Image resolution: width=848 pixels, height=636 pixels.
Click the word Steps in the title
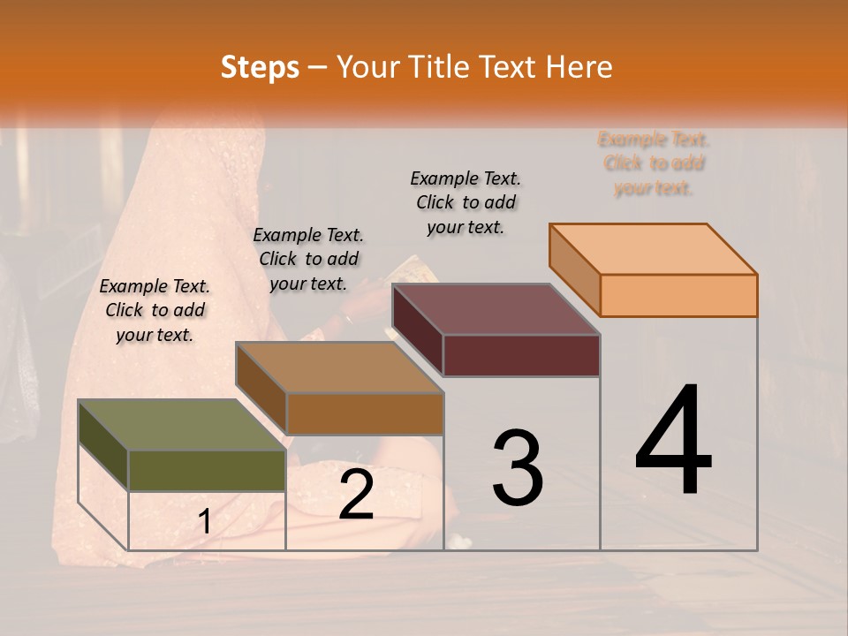[260, 67]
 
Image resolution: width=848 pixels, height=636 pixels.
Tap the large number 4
[673, 442]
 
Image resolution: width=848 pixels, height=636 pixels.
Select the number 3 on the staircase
[517, 468]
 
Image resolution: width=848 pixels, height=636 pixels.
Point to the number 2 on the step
[356, 495]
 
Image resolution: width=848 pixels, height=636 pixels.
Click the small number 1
[204, 522]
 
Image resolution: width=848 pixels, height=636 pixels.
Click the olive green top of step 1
[181, 425]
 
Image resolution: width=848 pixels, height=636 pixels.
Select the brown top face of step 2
[339, 367]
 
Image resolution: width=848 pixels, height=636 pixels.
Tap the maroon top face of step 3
[496, 309]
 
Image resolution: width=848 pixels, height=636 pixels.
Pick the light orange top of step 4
[653, 248]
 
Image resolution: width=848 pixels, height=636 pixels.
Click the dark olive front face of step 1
[207, 470]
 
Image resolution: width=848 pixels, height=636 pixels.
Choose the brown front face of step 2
[364, 413]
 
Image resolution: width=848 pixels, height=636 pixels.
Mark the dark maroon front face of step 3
[521, 355]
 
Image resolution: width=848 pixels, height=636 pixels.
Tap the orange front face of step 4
[678, 295]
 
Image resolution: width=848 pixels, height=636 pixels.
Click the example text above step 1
[155, 310]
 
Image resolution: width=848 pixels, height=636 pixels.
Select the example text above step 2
[308, 259]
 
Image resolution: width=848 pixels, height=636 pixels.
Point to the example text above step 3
[466, 202]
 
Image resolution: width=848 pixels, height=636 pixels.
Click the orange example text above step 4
[654, 163]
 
